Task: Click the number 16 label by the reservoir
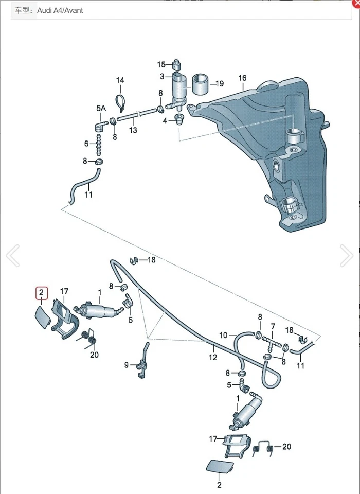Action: point(242,78)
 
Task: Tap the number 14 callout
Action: point(120,80)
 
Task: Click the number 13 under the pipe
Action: point(133,130)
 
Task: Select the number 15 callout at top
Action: point(161,64)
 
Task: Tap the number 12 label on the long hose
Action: point(213,357)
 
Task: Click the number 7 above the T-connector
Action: point(273,326)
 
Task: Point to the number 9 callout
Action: point(127,365)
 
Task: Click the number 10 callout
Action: point(223,336)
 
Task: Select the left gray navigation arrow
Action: point(12,256)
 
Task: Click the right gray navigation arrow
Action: point(347,256)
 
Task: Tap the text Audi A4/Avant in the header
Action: point(60,10)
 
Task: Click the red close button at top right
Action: point(356,3)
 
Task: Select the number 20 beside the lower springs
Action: point(286,447)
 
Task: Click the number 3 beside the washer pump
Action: point(162,77)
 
